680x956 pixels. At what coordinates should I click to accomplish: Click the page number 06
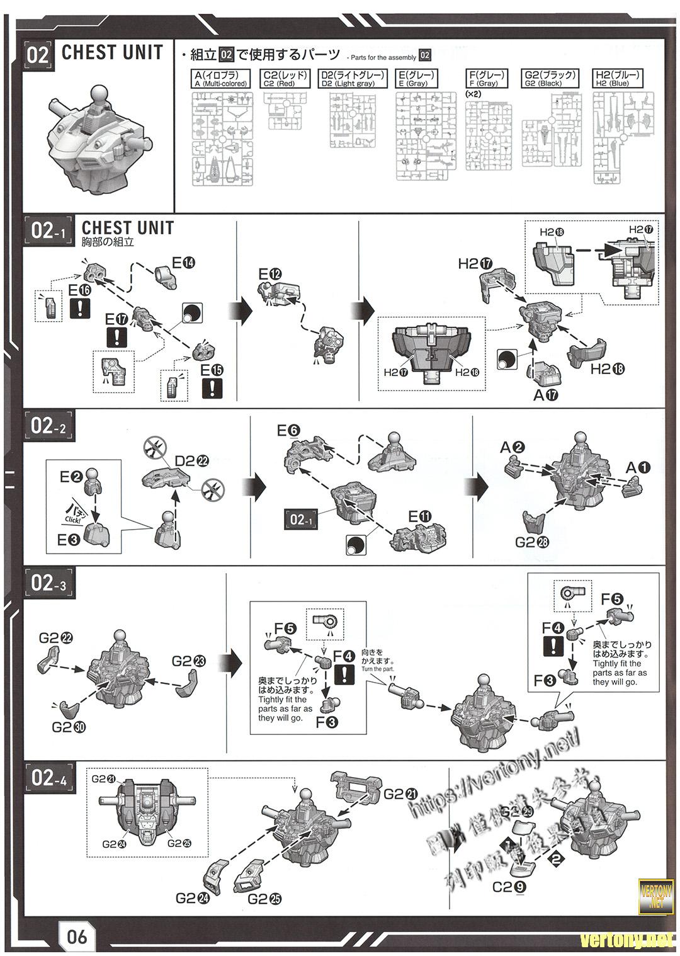(77, 936)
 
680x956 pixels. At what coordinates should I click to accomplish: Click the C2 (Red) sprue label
(286, 79)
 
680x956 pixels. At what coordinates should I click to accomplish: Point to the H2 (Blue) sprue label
(618, 79)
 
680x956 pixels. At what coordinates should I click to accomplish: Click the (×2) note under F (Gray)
(473, 94)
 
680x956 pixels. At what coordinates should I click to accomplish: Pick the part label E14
(183, 263)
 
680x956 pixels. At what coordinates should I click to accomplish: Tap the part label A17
(545, 395)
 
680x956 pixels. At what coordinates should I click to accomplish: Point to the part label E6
(288, 431)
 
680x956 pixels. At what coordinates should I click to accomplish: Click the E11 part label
(420, 517)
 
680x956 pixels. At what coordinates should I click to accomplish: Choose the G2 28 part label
(532, 542)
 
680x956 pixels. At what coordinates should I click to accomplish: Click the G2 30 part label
(69, 727)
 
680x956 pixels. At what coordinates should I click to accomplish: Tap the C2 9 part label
(507, 887)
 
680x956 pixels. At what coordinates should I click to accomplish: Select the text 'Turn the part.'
(378, 669)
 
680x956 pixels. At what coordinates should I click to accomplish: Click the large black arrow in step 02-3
(234, 662)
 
